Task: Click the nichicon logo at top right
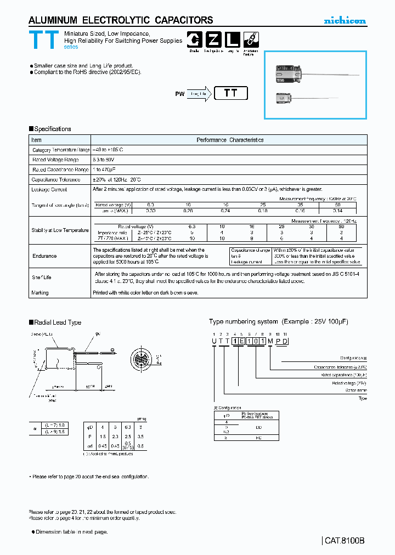(x=345, y=21)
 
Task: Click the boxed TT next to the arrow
(x=231, y=93)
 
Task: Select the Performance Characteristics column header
(x=230, y=140)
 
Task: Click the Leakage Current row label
(x=49, y=190)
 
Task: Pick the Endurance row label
(x=44, y=256)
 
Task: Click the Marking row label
(x=40, y=293)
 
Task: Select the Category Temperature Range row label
(x=60, y=150)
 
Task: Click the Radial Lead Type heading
(x=57, y=322)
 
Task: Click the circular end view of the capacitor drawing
(x=142, y=360)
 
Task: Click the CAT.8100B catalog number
(x=344, y=540)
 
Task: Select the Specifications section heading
(x=52, y=129)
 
